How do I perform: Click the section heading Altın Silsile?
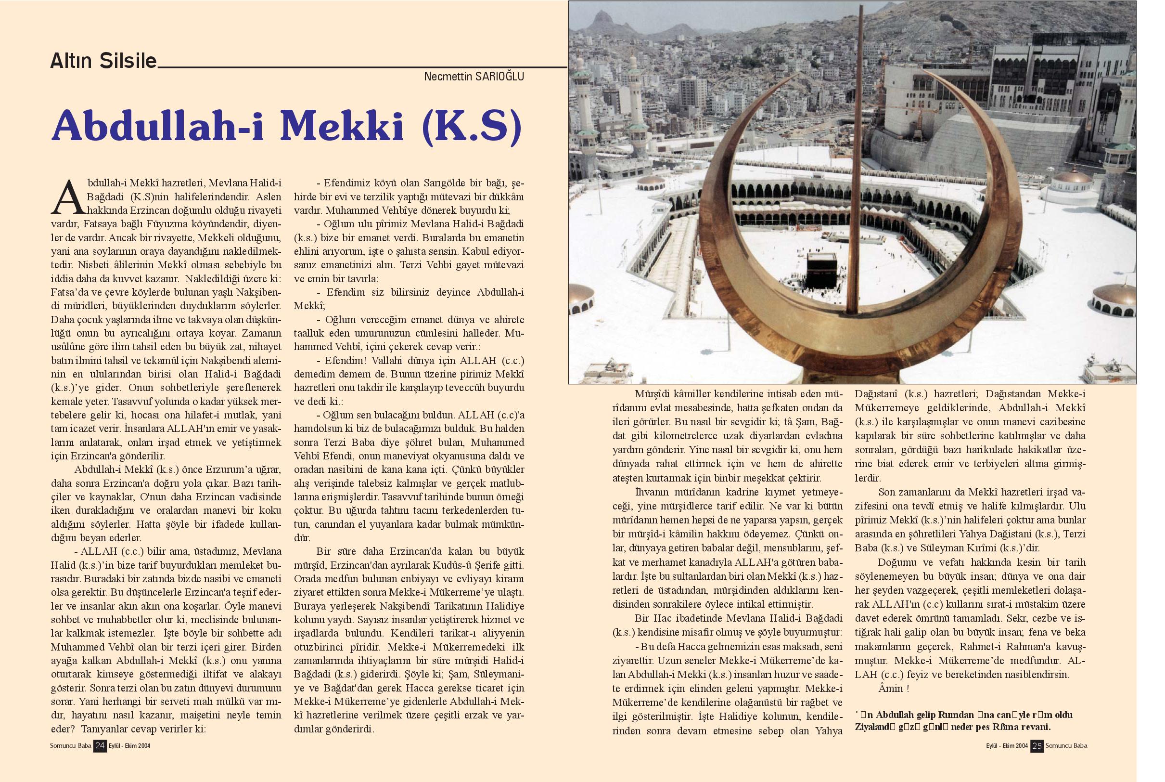pos(103,61)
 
